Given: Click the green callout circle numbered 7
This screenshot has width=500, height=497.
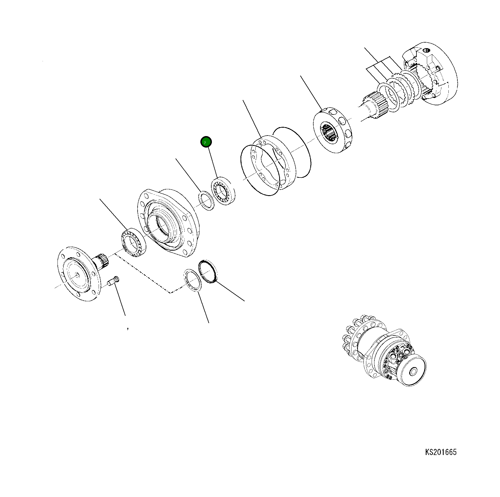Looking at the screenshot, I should pos(206,142).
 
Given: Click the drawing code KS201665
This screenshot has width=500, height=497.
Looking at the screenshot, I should pos(441,459).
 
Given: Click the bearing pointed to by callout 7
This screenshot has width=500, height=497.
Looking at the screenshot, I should pos(223,191).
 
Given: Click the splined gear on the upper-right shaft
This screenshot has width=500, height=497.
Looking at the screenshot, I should pos(377,106).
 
